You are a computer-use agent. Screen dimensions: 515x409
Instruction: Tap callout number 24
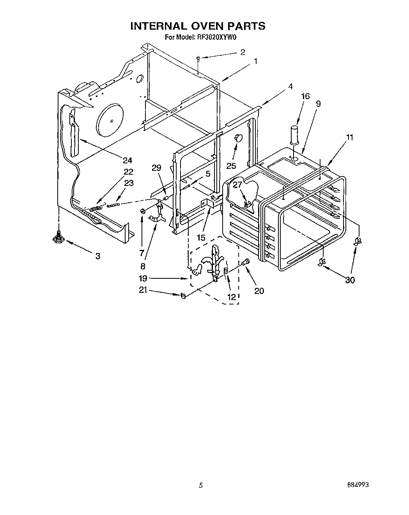(x=127, y=160)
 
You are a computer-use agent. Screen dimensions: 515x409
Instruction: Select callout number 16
(x=305, y=96)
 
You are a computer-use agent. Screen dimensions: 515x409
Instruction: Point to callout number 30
(x=350, y=280)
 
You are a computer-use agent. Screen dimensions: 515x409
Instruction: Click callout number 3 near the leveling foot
(x=97, y=256)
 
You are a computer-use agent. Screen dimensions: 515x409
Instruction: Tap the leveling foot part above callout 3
(x=58, y=238)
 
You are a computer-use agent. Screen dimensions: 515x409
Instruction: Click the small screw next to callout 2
(x=198, y=58)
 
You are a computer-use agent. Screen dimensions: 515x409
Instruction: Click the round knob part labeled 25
(x=238, y=137)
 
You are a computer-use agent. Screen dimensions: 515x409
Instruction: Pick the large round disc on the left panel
(x=109, y=120)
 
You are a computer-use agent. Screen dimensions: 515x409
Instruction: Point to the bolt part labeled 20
(x=246, y=263)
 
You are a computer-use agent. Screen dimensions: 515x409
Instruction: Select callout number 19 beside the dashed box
(x=143, y=278)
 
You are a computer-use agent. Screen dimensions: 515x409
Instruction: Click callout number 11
(x=349, y=137)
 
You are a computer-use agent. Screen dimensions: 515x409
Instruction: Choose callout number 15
(x=201, y=237)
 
